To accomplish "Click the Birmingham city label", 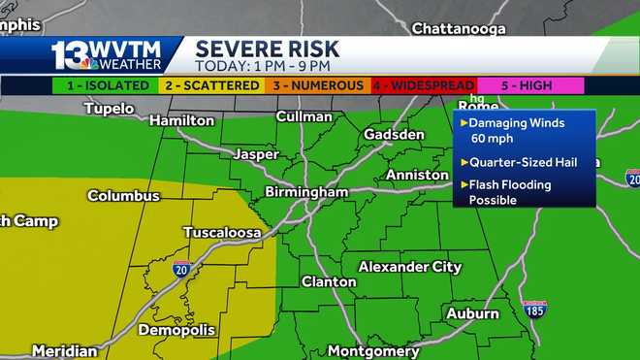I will coord(305,192).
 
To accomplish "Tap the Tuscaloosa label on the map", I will coord(222,233).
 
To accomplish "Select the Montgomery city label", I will coord(372,351).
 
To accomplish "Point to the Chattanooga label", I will coord(459,28).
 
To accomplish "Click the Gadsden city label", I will coord(394,134).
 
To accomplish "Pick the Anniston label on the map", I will coord(417,175).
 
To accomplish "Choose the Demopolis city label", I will coord(176,330).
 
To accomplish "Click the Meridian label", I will coord(64,351).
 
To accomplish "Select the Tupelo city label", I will coord(109,109).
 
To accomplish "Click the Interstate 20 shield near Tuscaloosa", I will coord(181,270).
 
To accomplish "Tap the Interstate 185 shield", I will coord(534,309).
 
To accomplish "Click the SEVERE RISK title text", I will coord(267,49).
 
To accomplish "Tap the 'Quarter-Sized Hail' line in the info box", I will coord(517,162).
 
